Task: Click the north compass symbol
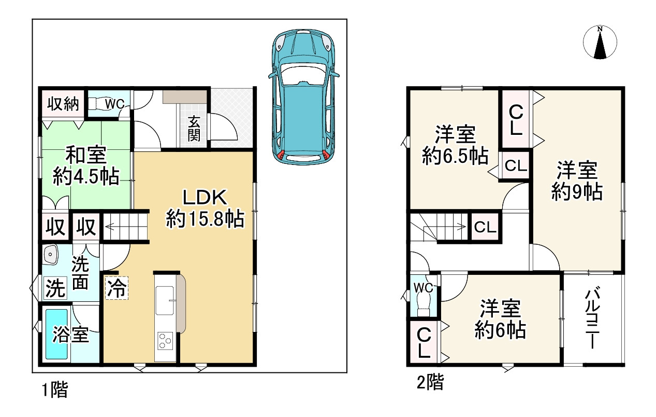point(600,43)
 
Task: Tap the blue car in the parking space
point(304,96)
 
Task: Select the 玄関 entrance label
point(194,129)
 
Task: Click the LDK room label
point(205,198)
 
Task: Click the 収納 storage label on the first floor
point(63,104)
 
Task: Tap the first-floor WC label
point(115,104)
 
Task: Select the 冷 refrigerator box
point(116,288)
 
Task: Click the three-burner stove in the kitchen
point(165,341)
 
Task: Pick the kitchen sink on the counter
point(165,300)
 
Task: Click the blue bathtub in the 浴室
point(57,335)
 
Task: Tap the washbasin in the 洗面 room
point(51,255)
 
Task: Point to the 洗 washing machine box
point(55,288)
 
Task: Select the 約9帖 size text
point(577,192)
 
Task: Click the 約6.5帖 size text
point(455,156)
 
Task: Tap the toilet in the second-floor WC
point(422,304)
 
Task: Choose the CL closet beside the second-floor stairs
point(485,227)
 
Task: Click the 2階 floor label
point(430,382)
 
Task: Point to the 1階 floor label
point(55,390)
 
